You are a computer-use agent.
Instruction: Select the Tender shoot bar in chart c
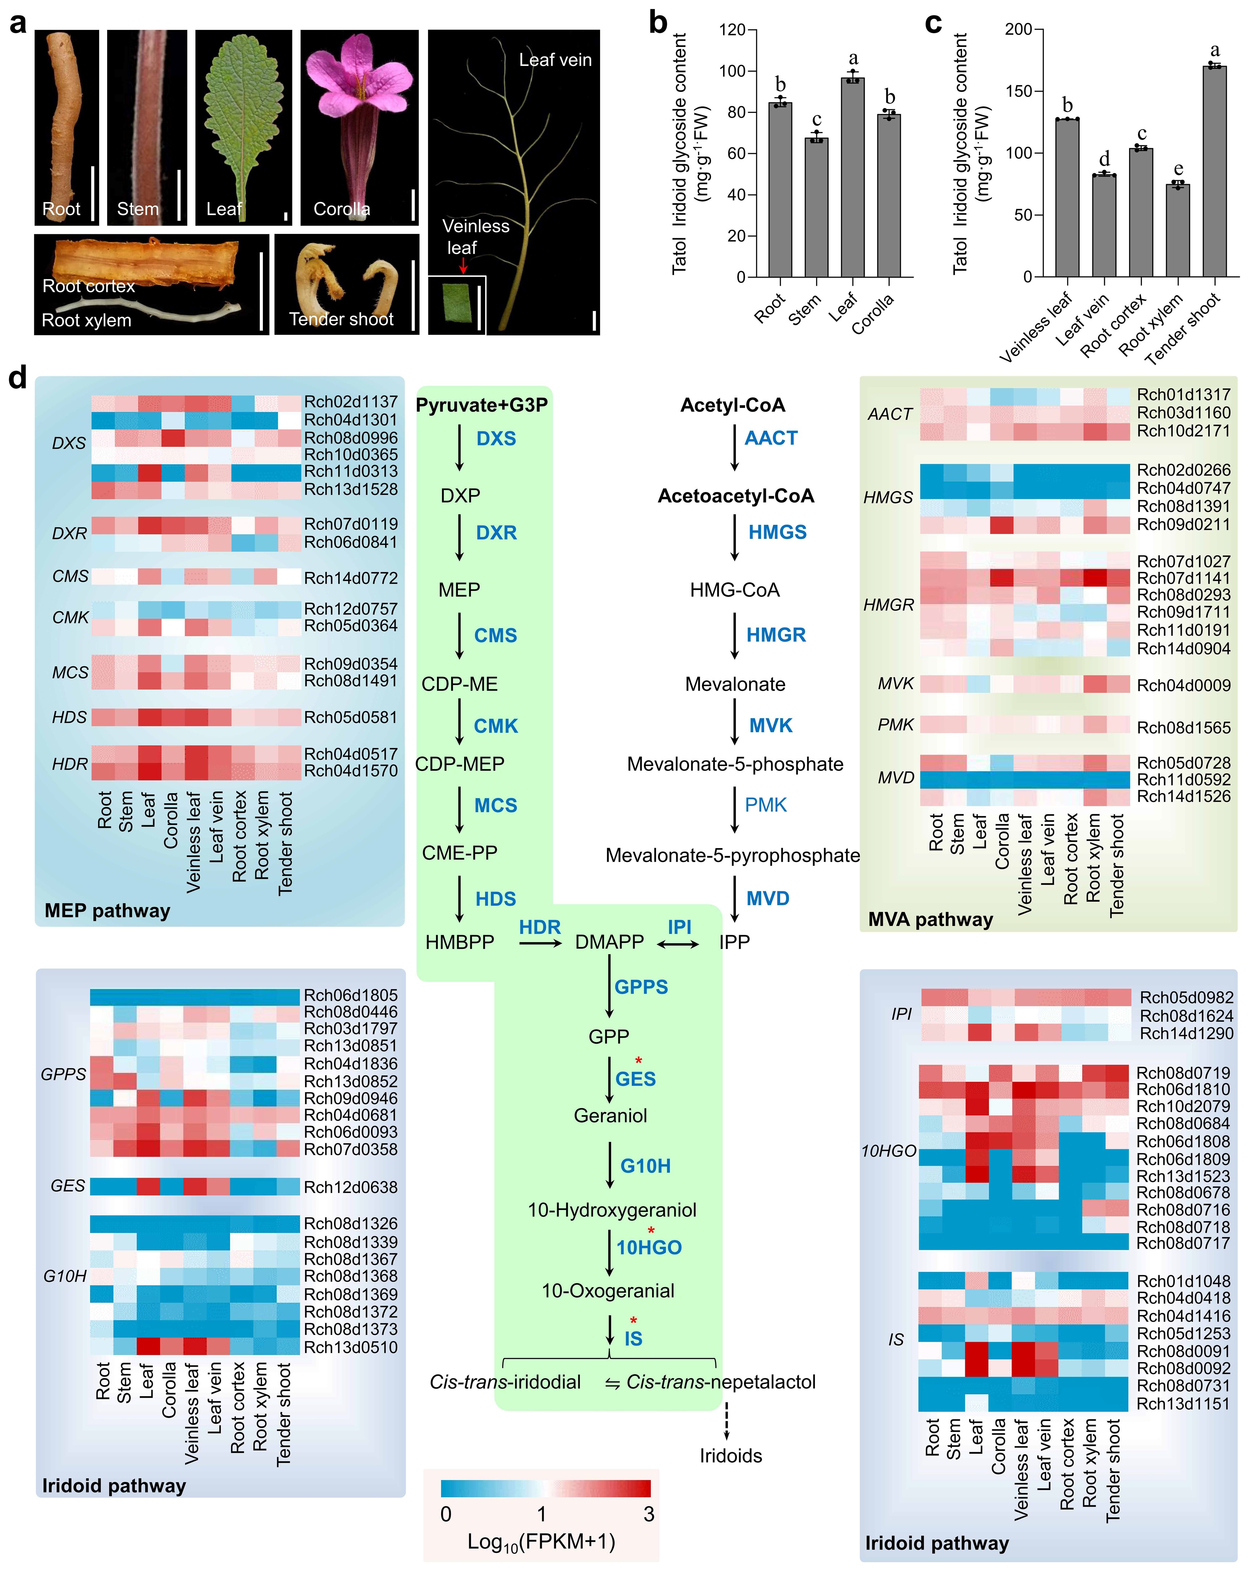coord(1214,172)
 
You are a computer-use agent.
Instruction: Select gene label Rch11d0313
coord(351,472)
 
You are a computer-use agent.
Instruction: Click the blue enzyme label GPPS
coord(641,987)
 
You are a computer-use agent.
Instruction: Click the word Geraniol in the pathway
coord(610,1116)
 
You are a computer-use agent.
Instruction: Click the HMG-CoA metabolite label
coord(734,590)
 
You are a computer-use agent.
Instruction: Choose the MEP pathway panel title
coord(107,910)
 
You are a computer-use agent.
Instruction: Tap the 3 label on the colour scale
coord(648,1514)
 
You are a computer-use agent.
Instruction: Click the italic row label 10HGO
coord(888,1152)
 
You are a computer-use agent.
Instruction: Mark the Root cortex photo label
coord(88,285)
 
